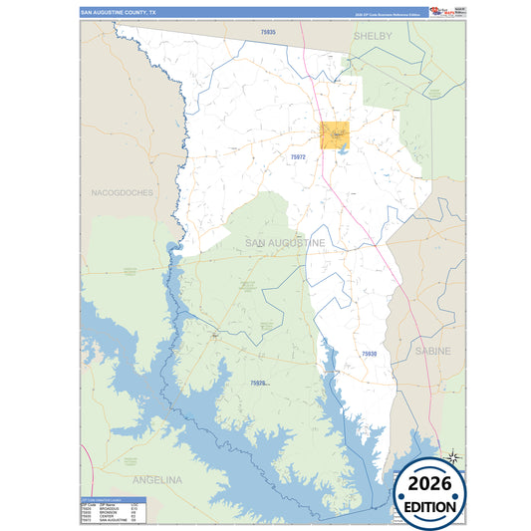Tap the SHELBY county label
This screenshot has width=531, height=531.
click(373, 35)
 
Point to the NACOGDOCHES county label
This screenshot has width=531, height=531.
click(122, 192)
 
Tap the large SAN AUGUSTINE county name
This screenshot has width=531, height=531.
click(284, 243)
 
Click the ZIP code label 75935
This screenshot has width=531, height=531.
click(266, 33)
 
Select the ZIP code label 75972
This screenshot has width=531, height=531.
click(298, 156)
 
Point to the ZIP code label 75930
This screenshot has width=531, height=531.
click(370, 354)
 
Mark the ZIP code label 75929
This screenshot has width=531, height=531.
click(258, 383)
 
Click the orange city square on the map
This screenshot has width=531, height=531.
click(335, 134)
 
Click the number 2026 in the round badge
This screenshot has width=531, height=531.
click(430, 484)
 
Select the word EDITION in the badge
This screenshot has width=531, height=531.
click(430, 506)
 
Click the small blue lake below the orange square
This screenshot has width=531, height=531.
click(343, 149)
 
